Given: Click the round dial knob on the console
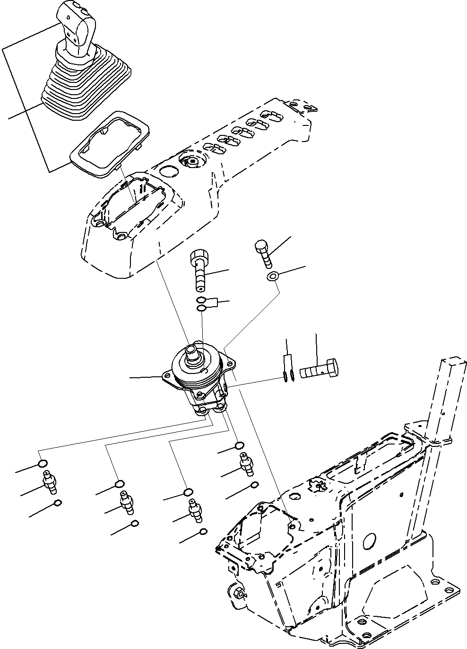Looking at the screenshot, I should (x=192, y=162).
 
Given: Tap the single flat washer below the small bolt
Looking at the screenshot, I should (x=272, y=276).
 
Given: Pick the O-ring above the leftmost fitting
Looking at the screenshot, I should (x=43, y=463).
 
